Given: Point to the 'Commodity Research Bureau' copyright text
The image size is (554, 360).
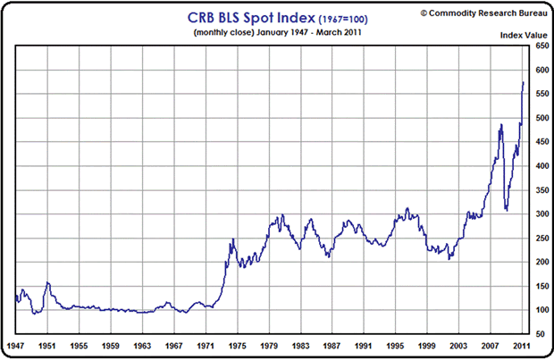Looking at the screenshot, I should click(x=478, y=13).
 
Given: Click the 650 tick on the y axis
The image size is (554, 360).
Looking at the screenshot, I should click(x=541, y=46).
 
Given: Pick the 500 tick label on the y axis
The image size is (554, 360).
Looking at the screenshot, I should click(x=541, y=118).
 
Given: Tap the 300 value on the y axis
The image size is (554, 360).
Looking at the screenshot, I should click(x=541, y=213).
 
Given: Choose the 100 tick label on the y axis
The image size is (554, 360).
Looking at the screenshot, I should click(x=541, y=310).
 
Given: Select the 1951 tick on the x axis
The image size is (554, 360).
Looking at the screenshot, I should click(x=48, y=344).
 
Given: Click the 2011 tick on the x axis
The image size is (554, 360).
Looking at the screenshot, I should click(x=524, y=344).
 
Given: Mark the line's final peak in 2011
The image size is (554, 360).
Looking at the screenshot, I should click(x=524, y=82).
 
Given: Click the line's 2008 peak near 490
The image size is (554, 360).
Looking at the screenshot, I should click(x=501, y=124).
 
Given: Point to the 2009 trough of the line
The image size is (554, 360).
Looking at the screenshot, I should click(x=507, y=211).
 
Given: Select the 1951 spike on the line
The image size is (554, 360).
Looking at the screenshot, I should click(x=47, y=283).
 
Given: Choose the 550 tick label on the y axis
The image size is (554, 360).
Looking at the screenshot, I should click(x=541, y=94).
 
